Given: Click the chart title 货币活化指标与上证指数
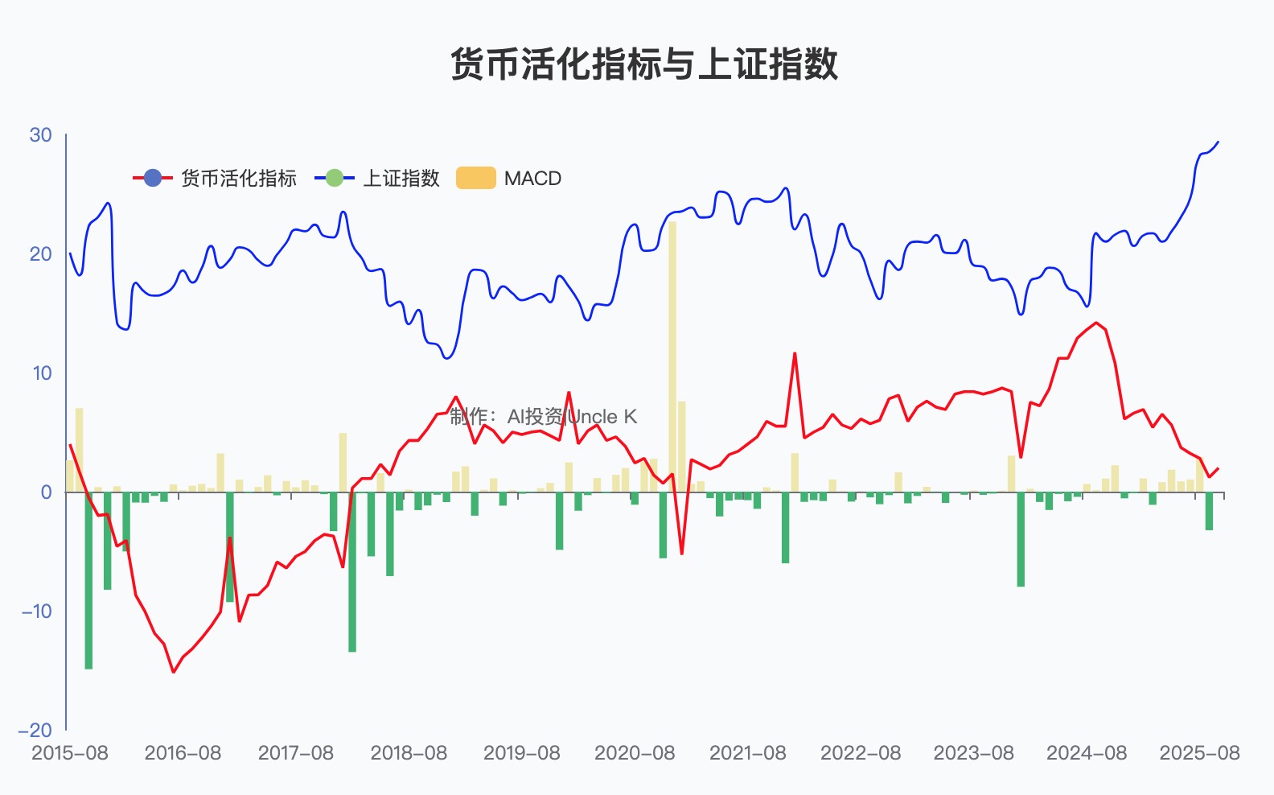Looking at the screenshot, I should (643, 64).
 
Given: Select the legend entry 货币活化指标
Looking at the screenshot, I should (216, 178).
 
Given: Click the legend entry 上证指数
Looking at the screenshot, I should (378, 178).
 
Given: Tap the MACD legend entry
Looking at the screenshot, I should (509, 178).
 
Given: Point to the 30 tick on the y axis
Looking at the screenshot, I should (40, 135).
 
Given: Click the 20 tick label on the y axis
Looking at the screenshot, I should (40, 254).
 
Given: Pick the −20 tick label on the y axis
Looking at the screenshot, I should (35, 731).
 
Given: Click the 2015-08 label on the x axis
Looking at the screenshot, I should (69, 753).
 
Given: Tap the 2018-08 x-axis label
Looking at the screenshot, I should (409, 753).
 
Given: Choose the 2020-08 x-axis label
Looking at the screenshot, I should (635, 753).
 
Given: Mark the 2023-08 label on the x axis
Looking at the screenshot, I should (973, 753).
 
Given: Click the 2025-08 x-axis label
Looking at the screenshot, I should (1199, 753).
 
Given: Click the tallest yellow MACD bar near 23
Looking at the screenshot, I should (672, 354).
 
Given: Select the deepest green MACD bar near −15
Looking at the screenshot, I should (88, 579).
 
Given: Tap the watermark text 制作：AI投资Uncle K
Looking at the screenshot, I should (543, 416).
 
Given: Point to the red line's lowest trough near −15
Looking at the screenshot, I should (173, 672).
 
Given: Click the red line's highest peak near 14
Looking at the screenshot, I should (1096, 323).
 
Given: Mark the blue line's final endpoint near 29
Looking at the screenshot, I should (1218, 142).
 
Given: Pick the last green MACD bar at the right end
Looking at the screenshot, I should (1209, 511).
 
